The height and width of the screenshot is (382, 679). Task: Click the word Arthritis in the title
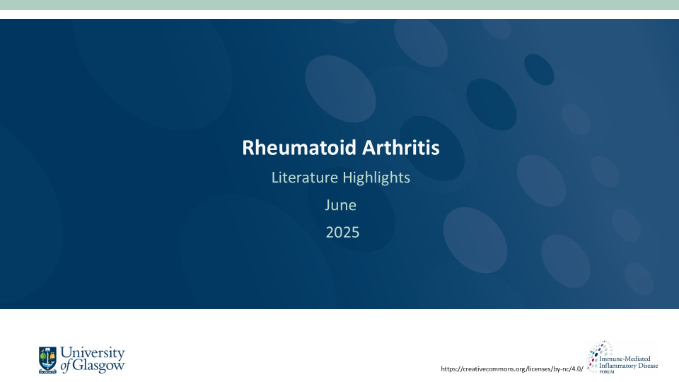(x=401, y=147)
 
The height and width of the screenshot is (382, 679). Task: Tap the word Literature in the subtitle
(x=305, y=177)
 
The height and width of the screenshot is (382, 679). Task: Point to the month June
(x=341, y=205)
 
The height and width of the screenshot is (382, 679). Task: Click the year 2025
(x=342, y=232)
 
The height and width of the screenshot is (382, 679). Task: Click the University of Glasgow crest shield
(x=47, y=360)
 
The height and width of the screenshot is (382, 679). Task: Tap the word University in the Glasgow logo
(x=92, y=353)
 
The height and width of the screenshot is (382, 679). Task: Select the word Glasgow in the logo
(x=98, y=366)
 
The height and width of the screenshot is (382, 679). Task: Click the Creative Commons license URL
(x=512, y=369)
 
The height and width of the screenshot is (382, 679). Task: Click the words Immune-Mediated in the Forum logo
(x=625, y=359)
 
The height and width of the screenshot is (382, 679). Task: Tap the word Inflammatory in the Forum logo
(x=616, y=366)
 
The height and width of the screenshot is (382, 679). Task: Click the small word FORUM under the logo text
(x=607, y=371)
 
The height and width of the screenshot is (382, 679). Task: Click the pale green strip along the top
(x=339, y=5)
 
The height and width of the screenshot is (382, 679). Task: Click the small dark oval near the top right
(x=539, y=70)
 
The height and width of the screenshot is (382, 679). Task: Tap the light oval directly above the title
(x=340, y=89)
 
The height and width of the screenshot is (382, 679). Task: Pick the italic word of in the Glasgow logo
(x=65, y=366)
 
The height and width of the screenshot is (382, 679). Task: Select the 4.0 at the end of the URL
(x=576, y=369)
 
